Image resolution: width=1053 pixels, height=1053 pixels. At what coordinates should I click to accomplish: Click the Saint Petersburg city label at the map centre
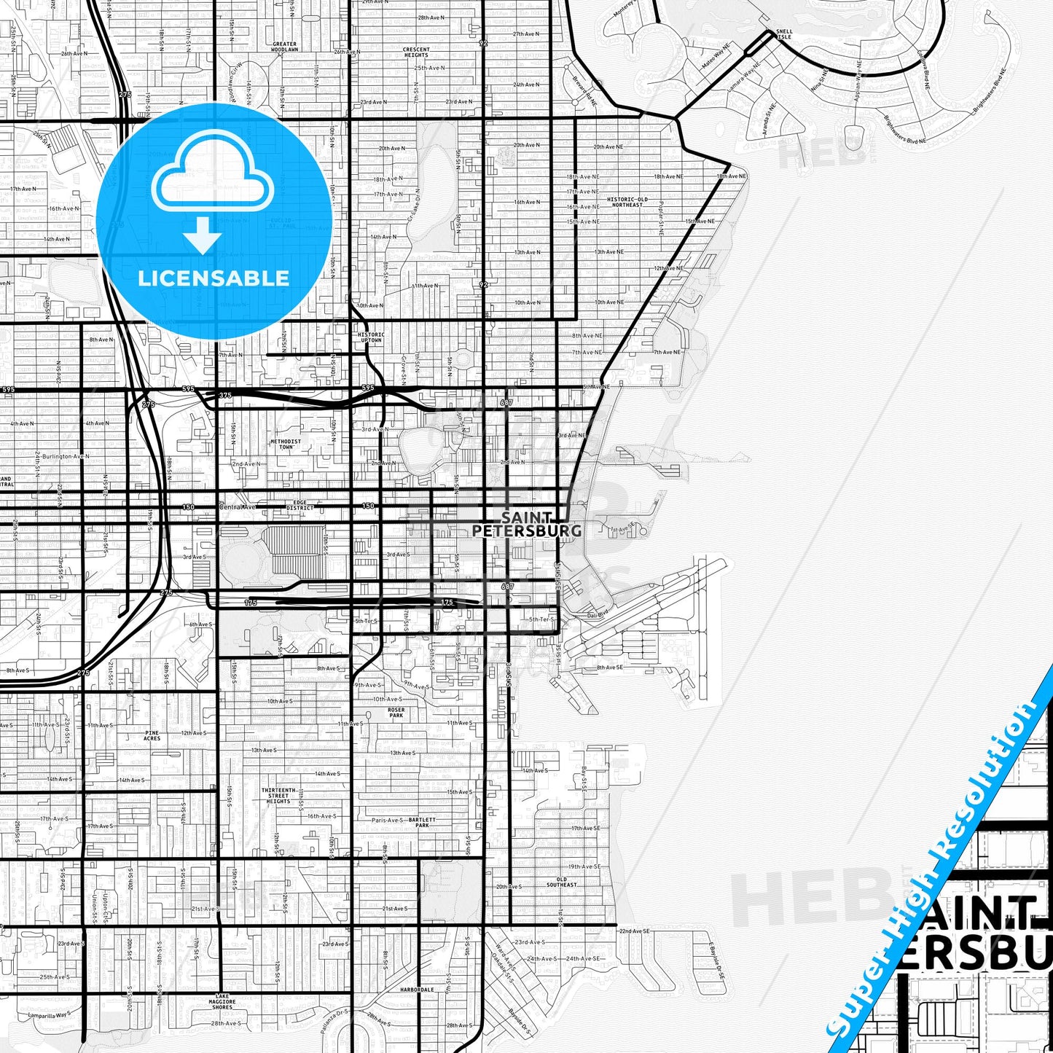coord(527,525)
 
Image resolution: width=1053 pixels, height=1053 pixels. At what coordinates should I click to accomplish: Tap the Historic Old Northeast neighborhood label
coord(627,202)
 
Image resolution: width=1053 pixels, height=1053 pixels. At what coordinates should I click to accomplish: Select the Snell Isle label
coord(784,34)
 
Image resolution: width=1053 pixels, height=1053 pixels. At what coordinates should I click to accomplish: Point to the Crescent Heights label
coord(416,52)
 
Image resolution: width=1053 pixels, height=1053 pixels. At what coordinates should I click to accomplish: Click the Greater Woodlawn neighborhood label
coord(284,47)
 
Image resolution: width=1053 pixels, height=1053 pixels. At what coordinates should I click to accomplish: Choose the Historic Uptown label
coord(371,337)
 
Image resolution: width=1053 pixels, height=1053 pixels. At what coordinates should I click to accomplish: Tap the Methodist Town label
coord(286,444)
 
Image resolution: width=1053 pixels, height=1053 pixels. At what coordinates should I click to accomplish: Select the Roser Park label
coord(396,713)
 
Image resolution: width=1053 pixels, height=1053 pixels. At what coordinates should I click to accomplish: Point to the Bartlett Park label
coord(422,822)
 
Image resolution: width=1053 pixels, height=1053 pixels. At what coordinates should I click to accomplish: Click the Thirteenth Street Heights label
coord(278,795)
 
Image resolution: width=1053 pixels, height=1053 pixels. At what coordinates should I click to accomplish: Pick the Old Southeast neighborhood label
coord(561,882)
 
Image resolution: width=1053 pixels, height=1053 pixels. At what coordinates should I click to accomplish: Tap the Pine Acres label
coord(152,735)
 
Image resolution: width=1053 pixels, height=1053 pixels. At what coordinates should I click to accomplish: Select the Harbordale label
coord(417,990)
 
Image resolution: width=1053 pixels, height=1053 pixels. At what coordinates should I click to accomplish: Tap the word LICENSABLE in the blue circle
coord(214,278)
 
